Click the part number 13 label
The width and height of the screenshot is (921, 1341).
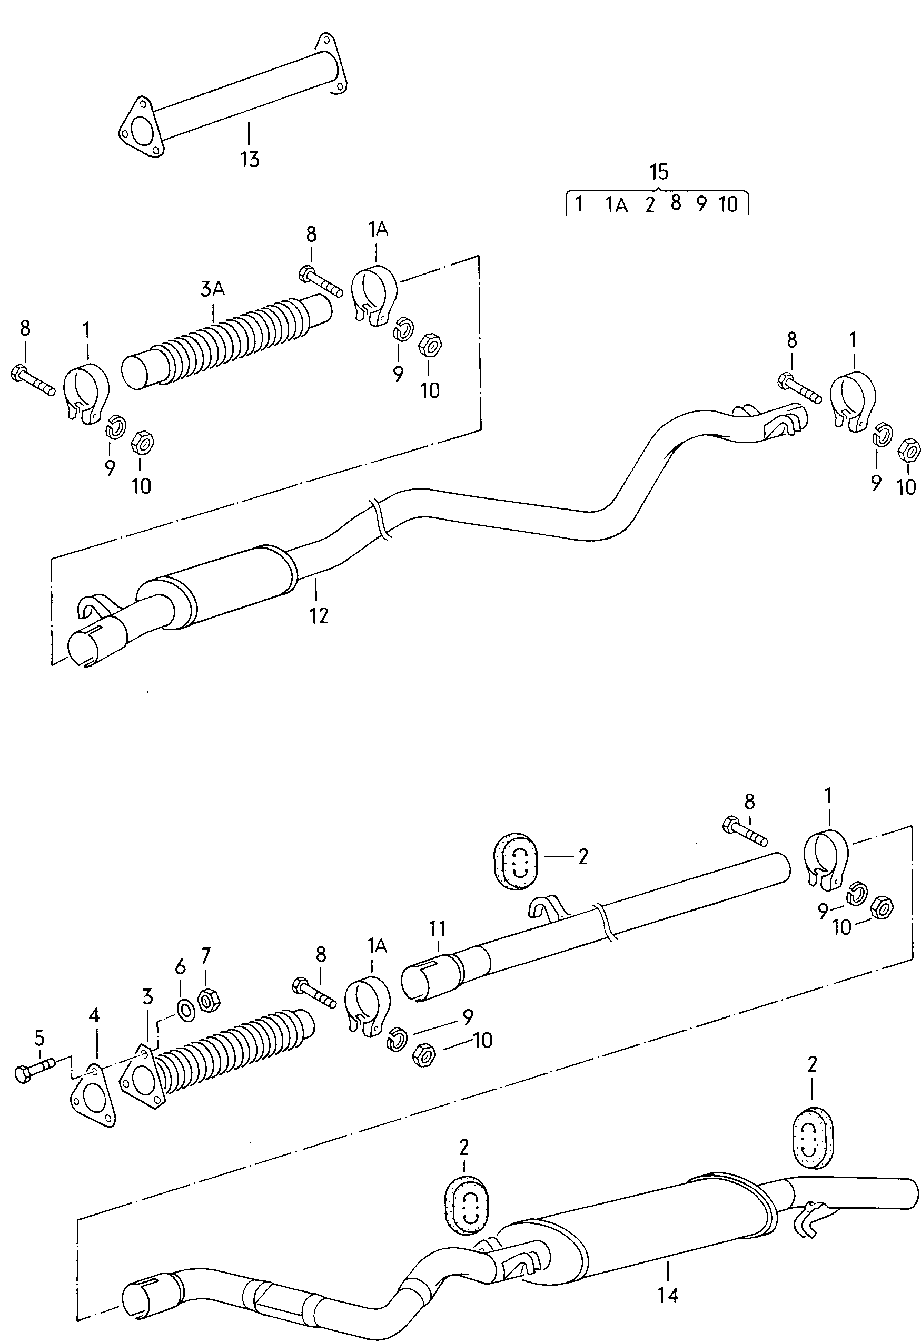pos(250,159)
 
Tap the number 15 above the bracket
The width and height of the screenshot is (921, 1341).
pos(658,171)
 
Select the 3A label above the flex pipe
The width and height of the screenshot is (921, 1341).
pos(212,289)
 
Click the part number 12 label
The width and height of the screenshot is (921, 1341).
pos(319,615)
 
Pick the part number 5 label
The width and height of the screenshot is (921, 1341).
pos(39,1038)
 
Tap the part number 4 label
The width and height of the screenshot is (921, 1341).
pos(94,1015)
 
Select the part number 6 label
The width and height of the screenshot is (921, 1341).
pos(181,966)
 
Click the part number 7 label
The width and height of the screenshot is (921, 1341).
pos(206,955)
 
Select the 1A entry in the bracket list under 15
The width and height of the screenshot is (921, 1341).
pos(616,204)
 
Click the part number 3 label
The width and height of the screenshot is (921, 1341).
pos(148,996)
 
